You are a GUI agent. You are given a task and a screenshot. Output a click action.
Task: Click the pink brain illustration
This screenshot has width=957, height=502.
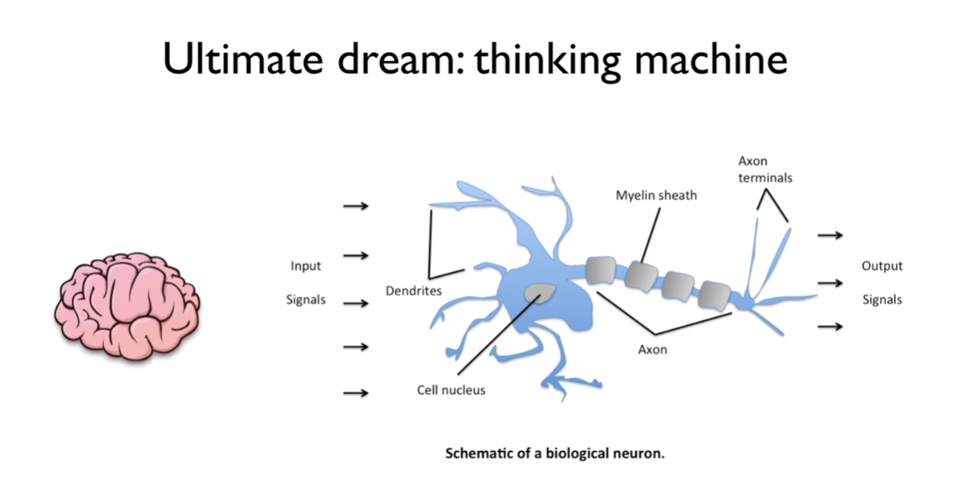pyautogui.click(x=127, y=305)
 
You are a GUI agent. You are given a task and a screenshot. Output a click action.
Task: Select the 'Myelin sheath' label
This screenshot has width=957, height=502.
pyautogui.click(x=656, y=196)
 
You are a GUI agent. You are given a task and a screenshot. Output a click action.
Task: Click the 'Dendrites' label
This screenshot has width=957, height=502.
pyautogui.click(x=413, y=290)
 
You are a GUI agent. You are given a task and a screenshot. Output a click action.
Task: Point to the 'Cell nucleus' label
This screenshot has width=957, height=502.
pyautogui.click(x=451, y=390)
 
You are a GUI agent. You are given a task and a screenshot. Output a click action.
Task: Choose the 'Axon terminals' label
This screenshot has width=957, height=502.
pyautogui.click(x=765, y=169)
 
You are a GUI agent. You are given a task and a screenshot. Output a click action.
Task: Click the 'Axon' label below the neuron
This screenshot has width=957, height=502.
pyautogui.click(x=652, y=350)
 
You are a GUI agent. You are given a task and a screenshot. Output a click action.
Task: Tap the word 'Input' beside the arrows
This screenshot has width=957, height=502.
pyautogui.click(x=305, y=266)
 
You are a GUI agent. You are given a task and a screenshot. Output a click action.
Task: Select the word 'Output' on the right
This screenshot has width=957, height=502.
pyautogui.click(x=882, y=266)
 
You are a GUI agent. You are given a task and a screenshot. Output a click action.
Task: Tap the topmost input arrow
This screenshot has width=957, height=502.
pyautogui.click(x=356, y=206)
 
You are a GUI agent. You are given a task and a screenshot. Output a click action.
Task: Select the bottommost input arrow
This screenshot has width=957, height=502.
pyautogui.click(x=356, y=392)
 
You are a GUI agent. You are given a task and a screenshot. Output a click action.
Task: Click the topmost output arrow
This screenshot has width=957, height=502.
pyautogui.click(x=830, y=236)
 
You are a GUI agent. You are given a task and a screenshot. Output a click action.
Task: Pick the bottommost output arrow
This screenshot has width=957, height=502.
pyautogui.click(x=830, y=326)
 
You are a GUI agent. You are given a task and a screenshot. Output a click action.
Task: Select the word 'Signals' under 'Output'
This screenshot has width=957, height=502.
pyautogui.click(x=882, y=300)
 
